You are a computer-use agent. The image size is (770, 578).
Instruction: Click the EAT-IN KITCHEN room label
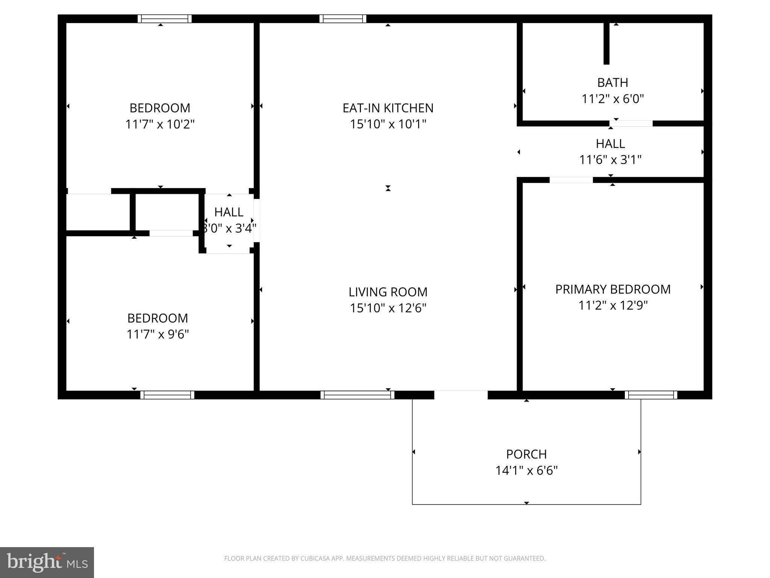click(388, 108)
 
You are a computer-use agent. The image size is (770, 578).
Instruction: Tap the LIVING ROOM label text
click(388, 292)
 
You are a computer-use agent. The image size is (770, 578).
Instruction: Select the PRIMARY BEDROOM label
click(613, 289)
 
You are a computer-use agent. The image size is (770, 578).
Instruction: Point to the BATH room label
click(613, 82)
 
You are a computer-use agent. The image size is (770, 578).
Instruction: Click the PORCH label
click(526, 454)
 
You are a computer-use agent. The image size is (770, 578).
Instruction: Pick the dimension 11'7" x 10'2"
click(160, 124)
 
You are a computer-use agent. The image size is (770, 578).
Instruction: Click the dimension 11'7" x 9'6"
click(158, 334)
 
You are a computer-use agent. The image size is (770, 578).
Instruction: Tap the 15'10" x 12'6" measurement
click(388, 308)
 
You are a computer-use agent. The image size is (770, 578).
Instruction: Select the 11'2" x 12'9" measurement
click(613, 305)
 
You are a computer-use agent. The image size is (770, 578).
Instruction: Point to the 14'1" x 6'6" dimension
click(526, 470)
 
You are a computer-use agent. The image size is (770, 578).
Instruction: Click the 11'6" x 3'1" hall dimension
click(610, 160)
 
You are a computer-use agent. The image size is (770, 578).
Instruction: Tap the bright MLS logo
click(47, 563)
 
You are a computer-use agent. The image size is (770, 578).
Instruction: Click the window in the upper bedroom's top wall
click(164, 19)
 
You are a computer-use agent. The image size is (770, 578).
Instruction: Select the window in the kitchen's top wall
click(343, 19)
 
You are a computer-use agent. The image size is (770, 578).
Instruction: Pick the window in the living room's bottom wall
click(358, 395)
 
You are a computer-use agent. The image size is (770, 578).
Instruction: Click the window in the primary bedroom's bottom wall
click(651, 395)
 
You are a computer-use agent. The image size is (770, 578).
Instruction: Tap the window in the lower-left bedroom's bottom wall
click(167, 395)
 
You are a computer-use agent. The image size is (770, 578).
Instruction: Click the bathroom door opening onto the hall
click(631, 123)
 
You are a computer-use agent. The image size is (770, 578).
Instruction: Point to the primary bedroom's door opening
click(571, 180)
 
